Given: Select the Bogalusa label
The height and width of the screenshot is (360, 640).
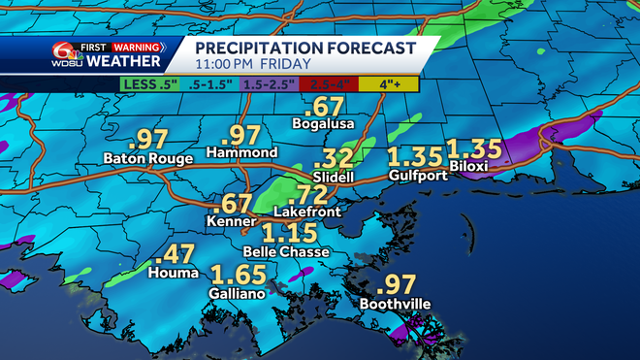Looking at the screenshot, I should [x=321, y=123].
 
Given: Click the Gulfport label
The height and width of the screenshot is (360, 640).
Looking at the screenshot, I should [x=415, y=176].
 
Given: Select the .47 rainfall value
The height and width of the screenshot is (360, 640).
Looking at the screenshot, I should [x=175, y=256].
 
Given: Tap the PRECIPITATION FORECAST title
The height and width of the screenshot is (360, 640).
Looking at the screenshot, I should [x=304, y=48].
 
